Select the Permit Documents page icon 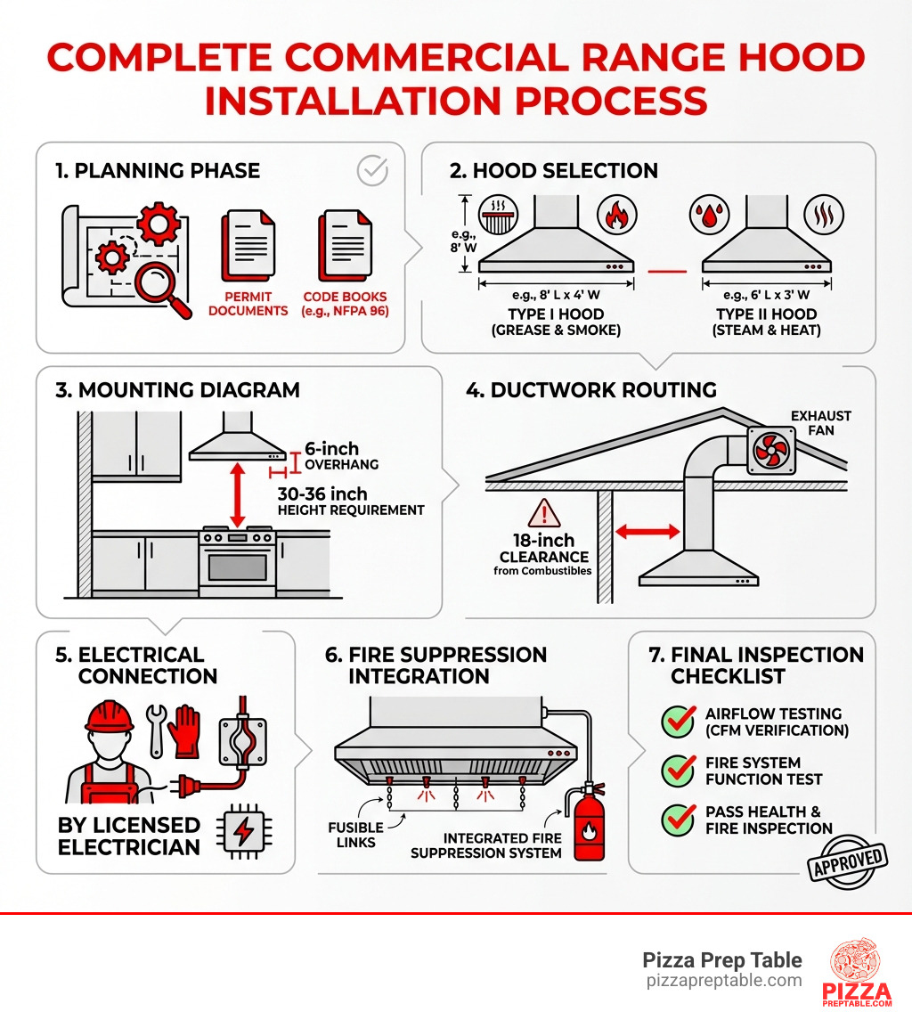tap(248, 244)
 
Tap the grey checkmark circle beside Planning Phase tap(371, 170)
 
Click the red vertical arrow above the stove tap(238, 494)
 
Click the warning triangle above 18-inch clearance tap(543, 514)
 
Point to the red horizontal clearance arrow tap(647, 531)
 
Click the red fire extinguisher tap(589, 824)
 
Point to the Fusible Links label tap(355, 836)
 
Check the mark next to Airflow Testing tap(678, 722)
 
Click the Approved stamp tap(849, 862)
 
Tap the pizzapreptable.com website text tap(723, 982)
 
